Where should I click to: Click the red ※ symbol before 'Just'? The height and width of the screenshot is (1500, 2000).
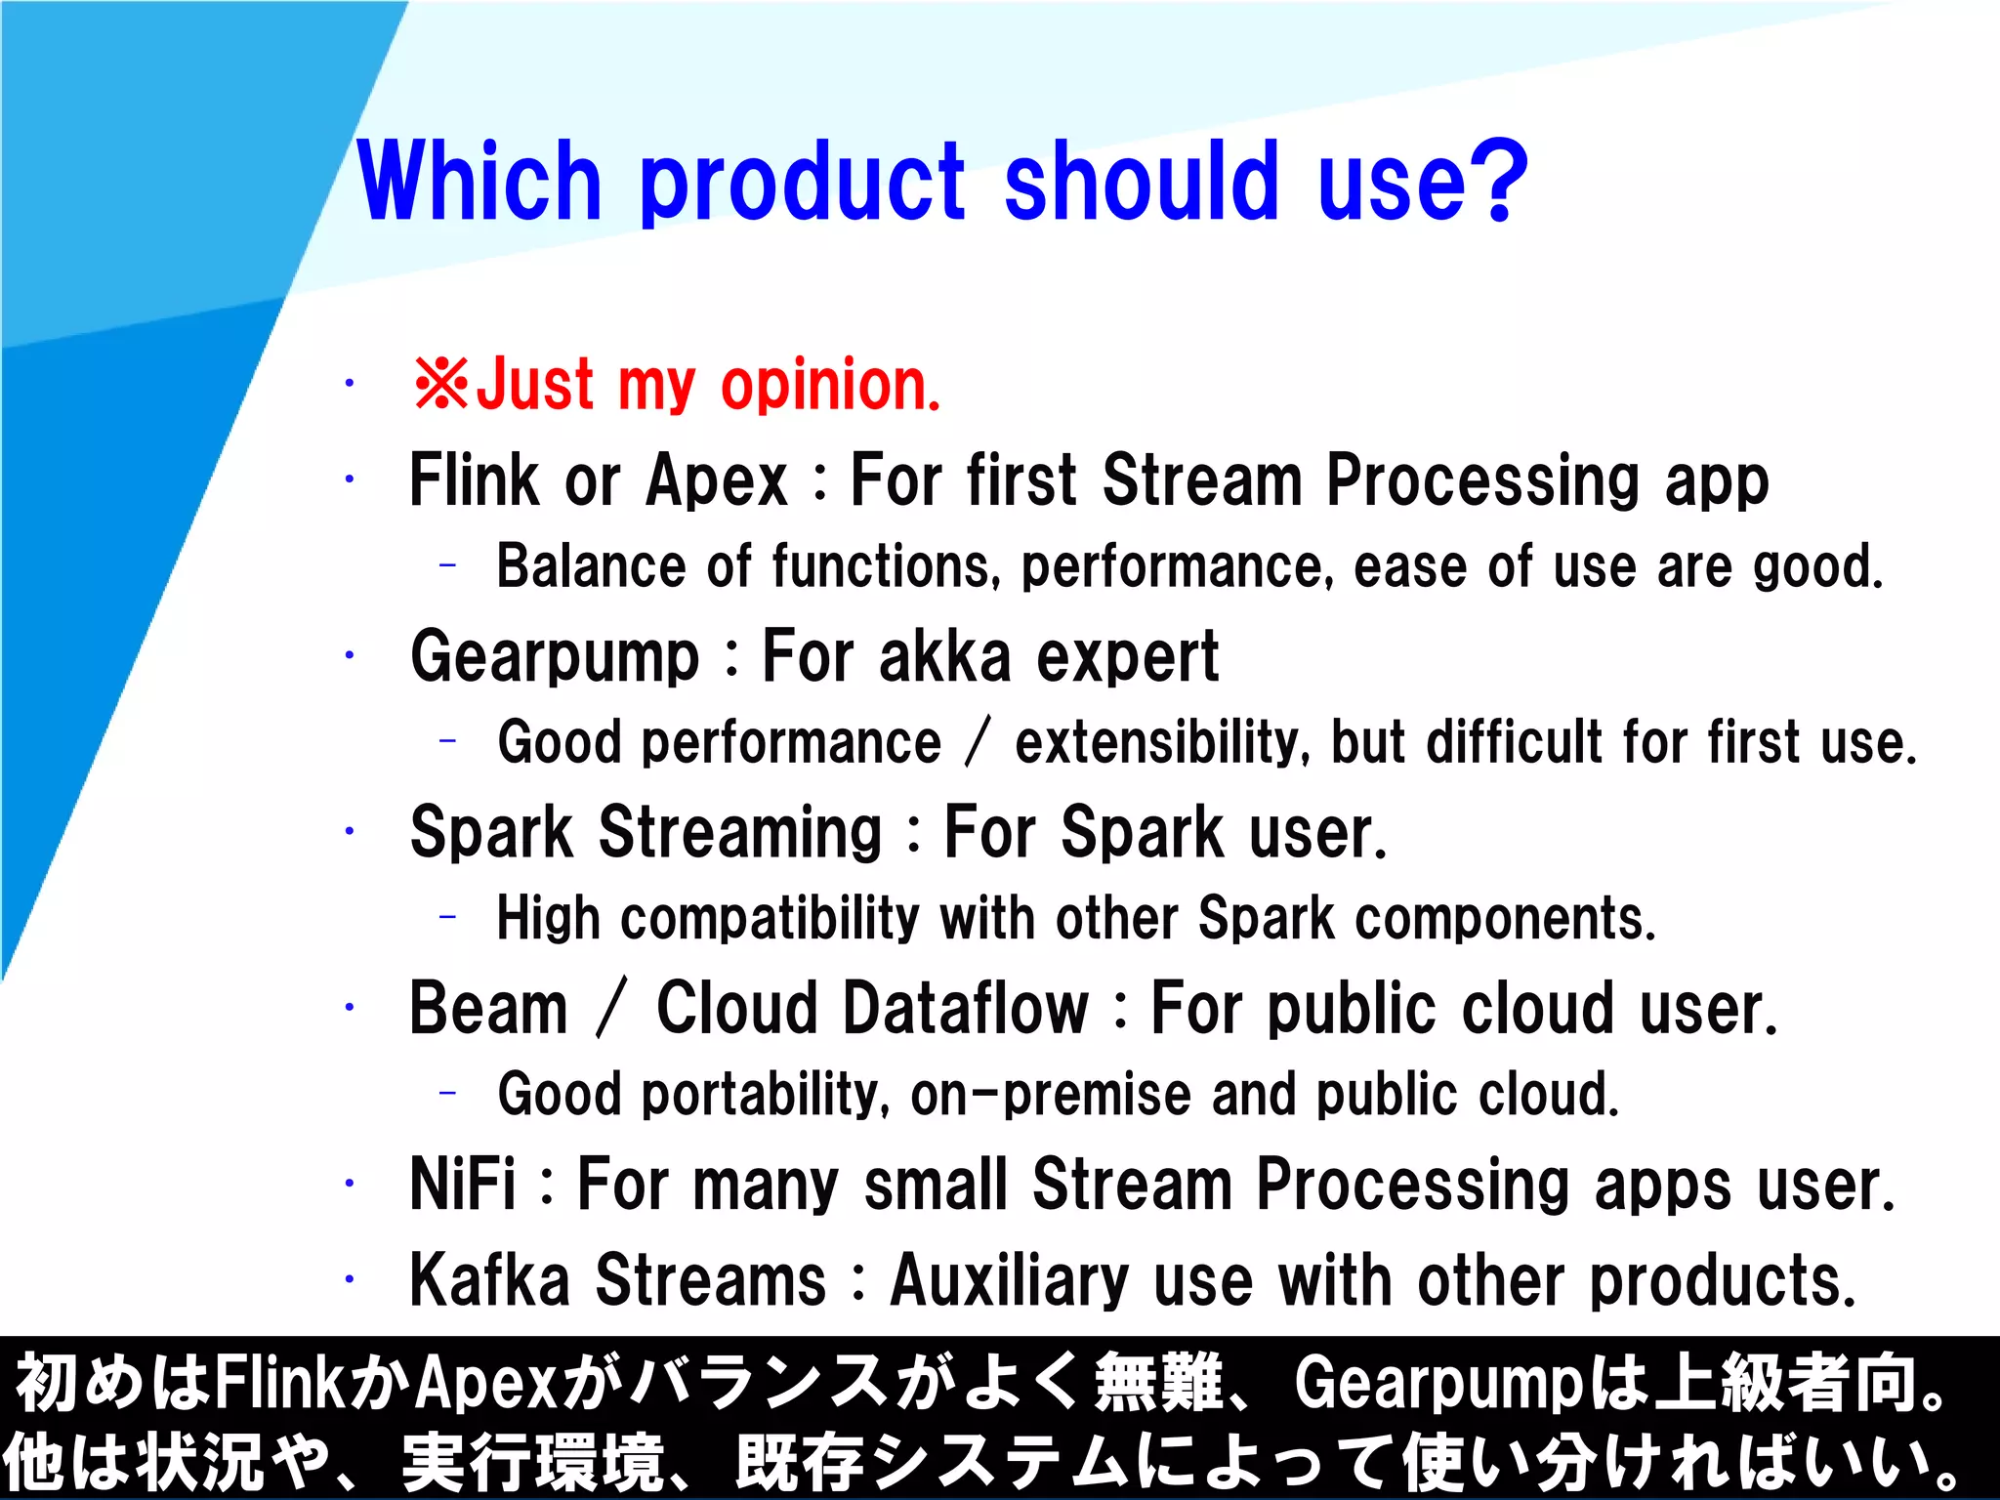tap(441, 384)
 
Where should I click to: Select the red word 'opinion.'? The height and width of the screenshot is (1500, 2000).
tap(830, 386)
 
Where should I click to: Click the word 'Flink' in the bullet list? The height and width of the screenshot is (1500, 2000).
tap(474, 480)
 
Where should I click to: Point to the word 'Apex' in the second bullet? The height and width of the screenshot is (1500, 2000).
tap(717, 480)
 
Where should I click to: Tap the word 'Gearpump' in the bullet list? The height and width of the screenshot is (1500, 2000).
tap(555, 657)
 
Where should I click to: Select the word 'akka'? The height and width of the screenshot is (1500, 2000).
tap(944, 657)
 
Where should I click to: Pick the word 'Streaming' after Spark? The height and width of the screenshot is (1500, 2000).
tap(740, 833)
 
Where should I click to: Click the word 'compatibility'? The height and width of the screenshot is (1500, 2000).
tap(770, 919)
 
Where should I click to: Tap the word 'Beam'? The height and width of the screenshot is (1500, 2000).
tap(488, 1009)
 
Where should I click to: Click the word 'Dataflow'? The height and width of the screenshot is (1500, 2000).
tap(966, 1009)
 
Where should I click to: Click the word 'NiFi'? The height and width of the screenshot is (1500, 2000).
tap(462, 1185)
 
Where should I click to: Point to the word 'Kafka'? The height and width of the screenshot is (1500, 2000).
tap(489, 1280)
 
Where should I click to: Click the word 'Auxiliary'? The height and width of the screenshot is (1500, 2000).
tap(1010, 1280)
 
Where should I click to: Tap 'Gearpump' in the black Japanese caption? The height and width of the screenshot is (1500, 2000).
tap(1437, 1383)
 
